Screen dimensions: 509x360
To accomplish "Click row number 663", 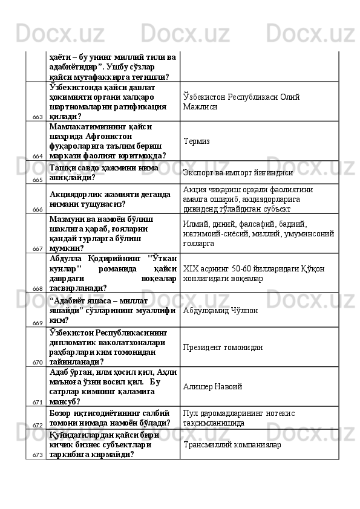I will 38,117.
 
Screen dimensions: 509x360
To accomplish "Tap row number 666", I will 38,209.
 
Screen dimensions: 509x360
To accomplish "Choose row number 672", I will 38,426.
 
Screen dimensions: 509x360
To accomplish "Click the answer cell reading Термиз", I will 195,141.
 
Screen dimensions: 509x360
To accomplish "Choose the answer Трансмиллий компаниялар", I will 231,444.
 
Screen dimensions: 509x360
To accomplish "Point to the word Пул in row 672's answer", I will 189,413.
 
